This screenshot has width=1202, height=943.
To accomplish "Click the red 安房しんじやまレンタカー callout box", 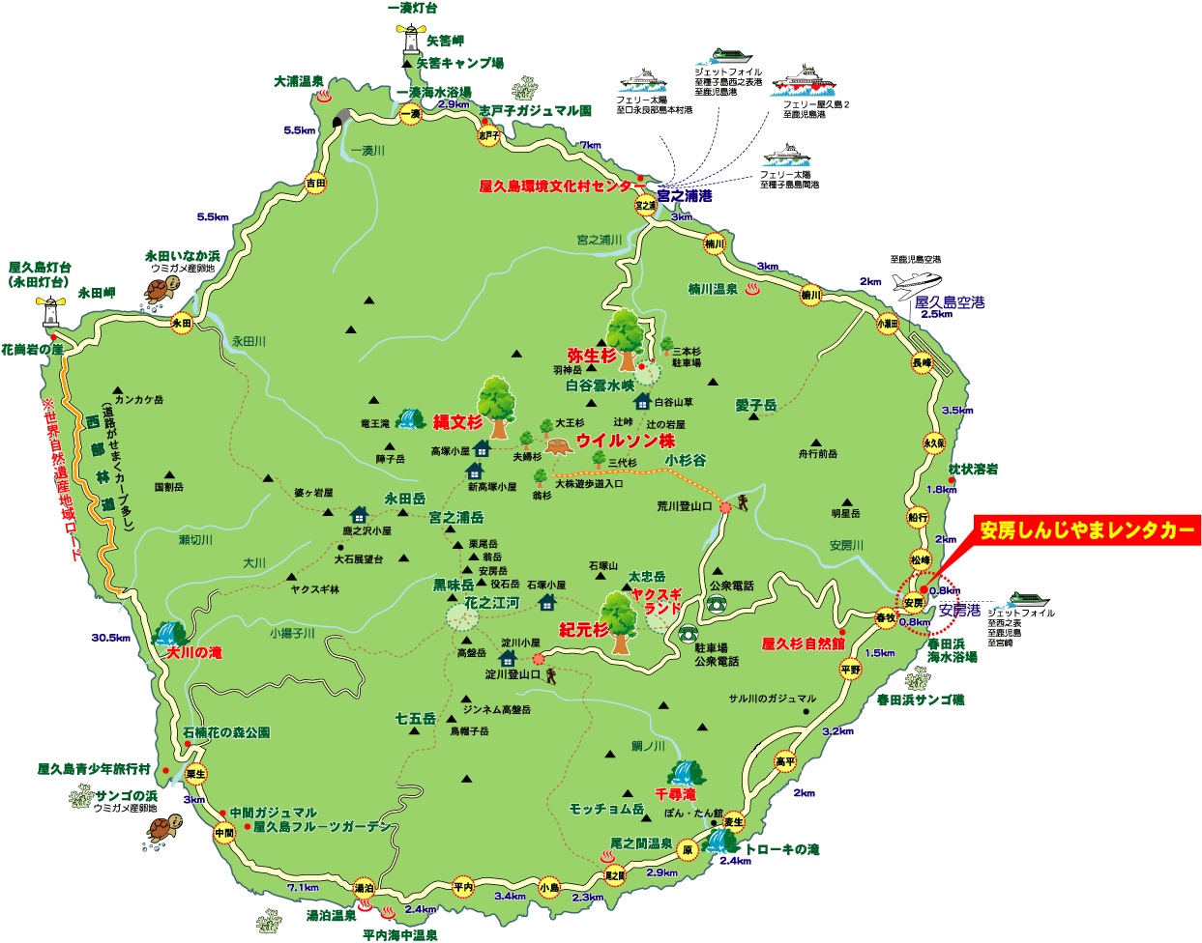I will click(1087, 530).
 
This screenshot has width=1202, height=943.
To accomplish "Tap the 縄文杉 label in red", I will click(457, 422).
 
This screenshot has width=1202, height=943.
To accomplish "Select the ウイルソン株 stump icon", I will click(558, 446).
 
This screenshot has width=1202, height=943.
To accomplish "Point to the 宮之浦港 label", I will click(685, 196).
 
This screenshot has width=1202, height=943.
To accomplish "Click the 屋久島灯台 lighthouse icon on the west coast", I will click(49, 312).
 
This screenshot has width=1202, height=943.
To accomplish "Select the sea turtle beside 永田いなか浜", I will click(163, 289).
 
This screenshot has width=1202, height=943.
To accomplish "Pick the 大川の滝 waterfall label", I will click(194, 653).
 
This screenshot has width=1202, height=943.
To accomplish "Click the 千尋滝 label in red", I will click(675, 794).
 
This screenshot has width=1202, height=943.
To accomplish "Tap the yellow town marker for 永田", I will click(182, 324).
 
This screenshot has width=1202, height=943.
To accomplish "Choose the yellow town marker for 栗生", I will click(196, 774).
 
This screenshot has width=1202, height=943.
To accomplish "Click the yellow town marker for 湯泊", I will click(364, 888).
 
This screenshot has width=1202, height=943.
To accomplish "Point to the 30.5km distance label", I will click(111, 638).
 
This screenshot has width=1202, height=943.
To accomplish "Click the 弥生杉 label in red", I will click(591, 357).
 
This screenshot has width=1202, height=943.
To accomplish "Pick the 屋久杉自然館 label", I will click(804, 643).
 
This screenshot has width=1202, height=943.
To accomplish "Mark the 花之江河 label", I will click(491, 603).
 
